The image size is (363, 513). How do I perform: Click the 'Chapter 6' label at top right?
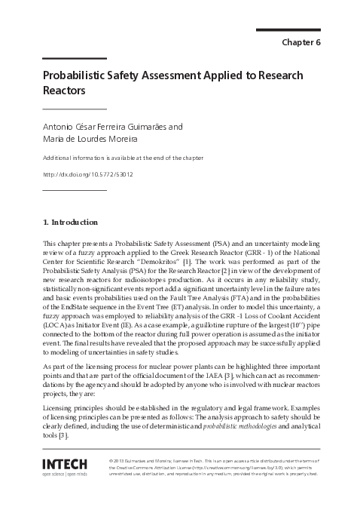tap(300, 42)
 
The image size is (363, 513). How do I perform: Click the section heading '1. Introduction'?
tap(70, 223)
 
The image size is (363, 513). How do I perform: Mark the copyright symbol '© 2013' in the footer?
tap(119, 460)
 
